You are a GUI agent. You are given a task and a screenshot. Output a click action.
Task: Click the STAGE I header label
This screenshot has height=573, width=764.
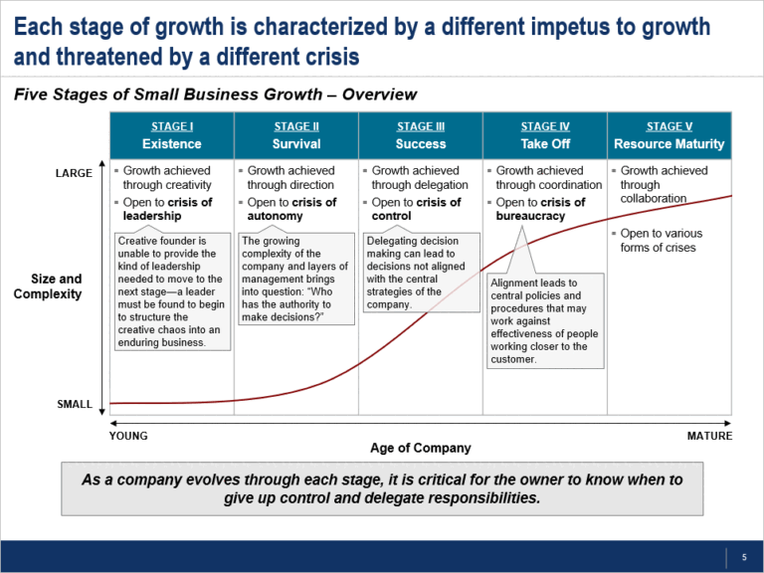pyautogui.click(x=171, y=126)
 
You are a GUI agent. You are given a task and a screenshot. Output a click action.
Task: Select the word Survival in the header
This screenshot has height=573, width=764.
pyautogui.click(x=295, y=144)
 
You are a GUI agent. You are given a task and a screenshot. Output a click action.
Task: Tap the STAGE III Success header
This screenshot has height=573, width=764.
pyautogui.click(x=420, y=135)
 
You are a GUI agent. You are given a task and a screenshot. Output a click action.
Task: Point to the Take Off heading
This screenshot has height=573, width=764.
pyautogui.click(x=544, y=144)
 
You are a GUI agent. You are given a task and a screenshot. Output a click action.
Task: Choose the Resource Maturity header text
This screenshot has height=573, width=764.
pyautogui.click(x=668, y=144)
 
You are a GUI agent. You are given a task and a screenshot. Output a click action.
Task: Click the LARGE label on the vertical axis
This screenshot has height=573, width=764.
pyautogui.click(x=74, y=173)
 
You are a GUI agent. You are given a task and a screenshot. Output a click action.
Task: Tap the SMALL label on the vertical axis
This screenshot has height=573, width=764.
pyautogui.click(x=74, y=405)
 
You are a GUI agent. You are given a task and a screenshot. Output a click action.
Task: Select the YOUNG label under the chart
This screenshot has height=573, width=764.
pyautogui.click(x=127, y=436)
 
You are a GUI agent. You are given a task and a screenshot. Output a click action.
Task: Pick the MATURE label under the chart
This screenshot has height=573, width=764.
pyautogui.click(x=709, y=436)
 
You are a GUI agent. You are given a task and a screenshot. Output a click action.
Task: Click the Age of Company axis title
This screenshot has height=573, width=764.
pyautogui.click(x=420, y=449)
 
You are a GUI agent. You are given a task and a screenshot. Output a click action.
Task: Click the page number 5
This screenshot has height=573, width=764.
pyautogui.click(x=743, y=556)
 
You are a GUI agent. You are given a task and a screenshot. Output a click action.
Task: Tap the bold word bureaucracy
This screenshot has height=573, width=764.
pyautogui.click(x=530, y=216)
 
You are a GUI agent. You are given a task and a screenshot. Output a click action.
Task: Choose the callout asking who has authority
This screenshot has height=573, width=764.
pyautogui.click(x=295, y=279)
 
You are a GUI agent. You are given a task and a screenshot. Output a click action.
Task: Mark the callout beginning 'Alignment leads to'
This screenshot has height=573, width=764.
pyautogui.click(x=545, y=320)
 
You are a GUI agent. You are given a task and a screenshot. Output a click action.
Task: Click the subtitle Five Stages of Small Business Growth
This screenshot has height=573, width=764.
pyautogui.click(x=215, y=95)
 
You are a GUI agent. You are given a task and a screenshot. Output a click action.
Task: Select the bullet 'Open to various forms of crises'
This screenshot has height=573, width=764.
pyautogui.click(x=664, y=240)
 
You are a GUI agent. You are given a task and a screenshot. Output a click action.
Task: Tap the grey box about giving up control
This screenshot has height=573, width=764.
pyautogui.click(x=382, y=488)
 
